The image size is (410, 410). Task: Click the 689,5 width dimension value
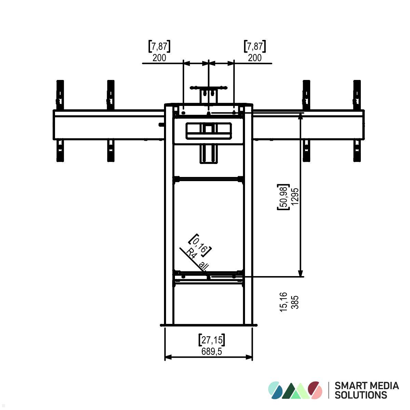point(212,351)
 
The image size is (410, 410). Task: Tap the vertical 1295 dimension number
point(296,196)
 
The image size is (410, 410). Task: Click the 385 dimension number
point(295,302)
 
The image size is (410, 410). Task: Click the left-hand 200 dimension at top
point(159,58)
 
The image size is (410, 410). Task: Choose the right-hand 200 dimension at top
point(255,58)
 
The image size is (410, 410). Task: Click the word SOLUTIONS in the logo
point(360,395)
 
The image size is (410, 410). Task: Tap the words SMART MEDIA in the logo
point(367,386)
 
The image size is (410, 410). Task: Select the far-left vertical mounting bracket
point(60,120)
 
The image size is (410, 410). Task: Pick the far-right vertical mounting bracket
point(357,120)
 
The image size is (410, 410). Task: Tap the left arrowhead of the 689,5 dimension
point(167,357)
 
